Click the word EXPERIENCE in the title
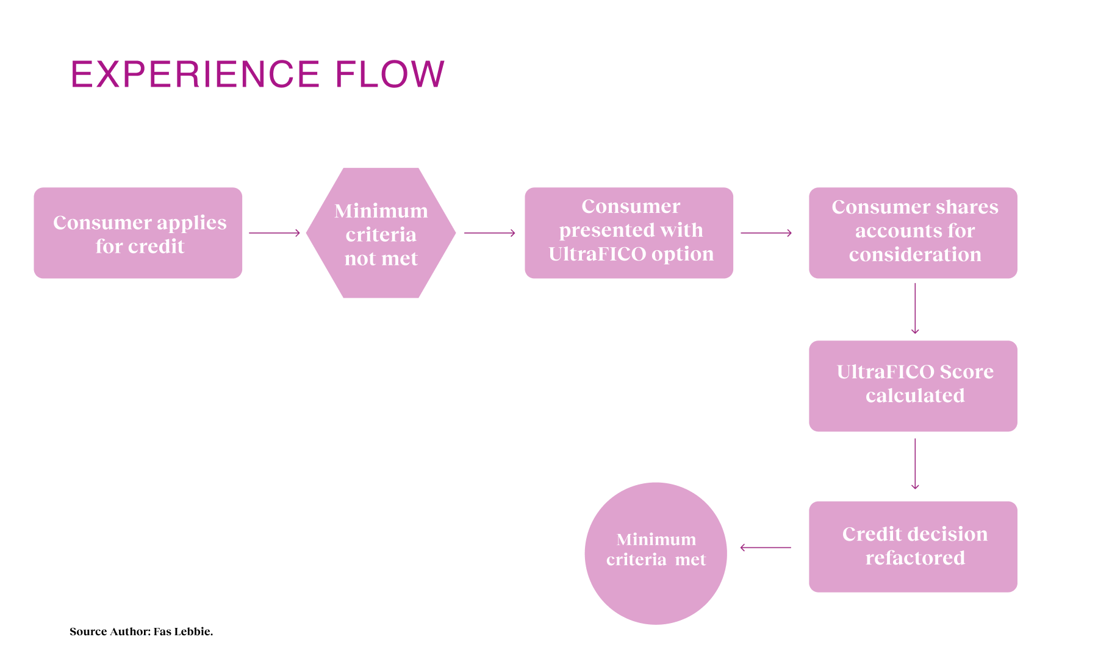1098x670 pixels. pos(195,74)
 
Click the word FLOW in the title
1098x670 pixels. pos(390,74)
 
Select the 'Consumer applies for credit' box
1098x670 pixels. pos(138,233)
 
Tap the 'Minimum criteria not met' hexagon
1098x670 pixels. pos(381,233)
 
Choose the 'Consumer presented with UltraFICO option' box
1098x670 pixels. pos(629,233)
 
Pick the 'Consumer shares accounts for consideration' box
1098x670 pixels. pos(913,233)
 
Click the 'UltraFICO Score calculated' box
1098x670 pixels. pos(913,386)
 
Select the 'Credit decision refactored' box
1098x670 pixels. pos(913,547)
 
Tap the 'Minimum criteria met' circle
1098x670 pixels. pos(656,553)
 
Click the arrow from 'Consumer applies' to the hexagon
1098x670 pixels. pos(274,233)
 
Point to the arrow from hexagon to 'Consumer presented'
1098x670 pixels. pos(490,233)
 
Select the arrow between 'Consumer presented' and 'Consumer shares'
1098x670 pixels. pos(766,233)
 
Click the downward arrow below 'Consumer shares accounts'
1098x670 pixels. pos(915,309)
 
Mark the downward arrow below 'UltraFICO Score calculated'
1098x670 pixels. pos(915,464)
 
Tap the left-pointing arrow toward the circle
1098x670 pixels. pos(766,547)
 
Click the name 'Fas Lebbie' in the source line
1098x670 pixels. pos(182,632)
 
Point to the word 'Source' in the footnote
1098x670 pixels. pos(88,632)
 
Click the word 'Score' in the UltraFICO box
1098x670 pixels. pos(966,372)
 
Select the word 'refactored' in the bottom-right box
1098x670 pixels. pos(915,558)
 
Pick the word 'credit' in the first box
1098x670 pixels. pos(156,246)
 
